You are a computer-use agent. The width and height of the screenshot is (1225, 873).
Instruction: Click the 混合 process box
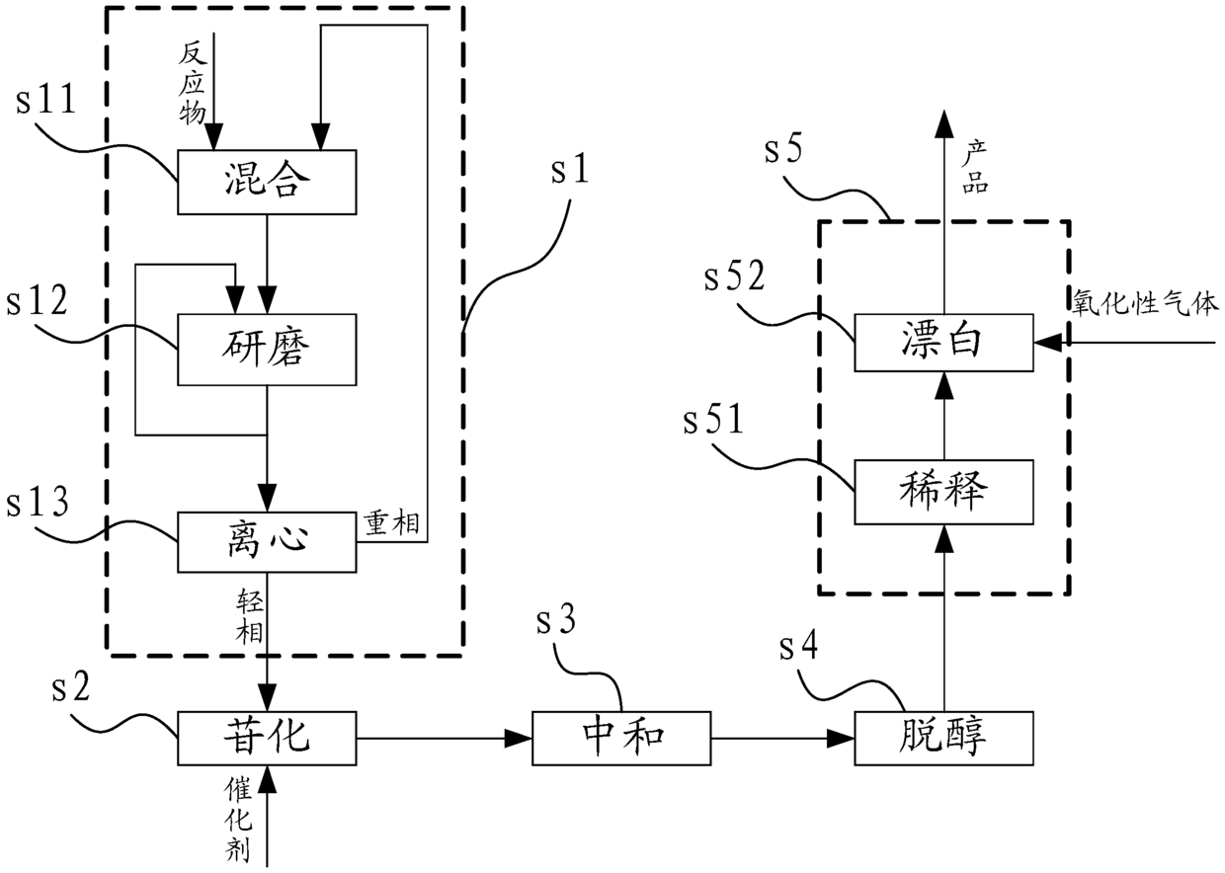(267, 182)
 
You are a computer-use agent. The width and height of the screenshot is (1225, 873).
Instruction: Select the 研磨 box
(267, 350)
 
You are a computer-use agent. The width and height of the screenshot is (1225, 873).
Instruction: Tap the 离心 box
(267, 542)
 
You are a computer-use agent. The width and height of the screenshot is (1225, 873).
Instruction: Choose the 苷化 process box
(267, 738)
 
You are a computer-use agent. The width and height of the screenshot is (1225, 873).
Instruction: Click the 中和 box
(621, 738)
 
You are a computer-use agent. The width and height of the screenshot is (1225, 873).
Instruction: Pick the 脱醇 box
(943, 738)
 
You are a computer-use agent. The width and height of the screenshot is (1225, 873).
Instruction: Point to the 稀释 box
(943, 492)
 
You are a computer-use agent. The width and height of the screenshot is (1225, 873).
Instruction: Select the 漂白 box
(943, 343)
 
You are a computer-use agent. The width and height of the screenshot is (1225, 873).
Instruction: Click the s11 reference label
(45, 100)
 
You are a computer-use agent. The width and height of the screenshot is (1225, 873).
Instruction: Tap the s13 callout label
(38, 502)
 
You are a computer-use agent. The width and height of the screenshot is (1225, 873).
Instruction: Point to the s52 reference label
(734, 277)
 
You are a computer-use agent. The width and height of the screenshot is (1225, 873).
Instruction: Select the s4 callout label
(798, 646)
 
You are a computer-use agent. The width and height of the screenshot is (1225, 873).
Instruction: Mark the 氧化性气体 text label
(1145, 302)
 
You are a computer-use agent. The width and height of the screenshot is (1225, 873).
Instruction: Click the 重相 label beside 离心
(391, 523)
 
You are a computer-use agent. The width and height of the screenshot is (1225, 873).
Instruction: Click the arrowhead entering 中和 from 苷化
(518, 739)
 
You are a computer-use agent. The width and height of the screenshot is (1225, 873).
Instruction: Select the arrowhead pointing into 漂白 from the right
(1048, 343)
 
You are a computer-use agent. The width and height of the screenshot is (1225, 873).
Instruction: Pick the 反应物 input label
(193, 84)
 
